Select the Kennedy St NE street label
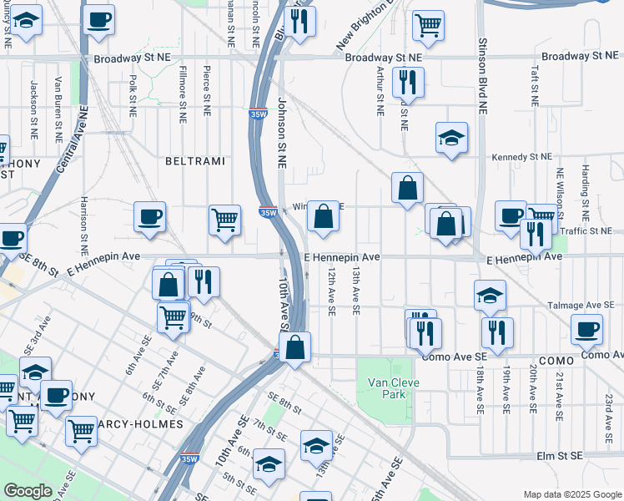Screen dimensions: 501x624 pos(521,156)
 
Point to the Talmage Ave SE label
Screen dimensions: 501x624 pos(583,306)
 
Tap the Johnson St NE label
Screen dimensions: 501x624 pos(282,134)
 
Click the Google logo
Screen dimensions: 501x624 pos(28,491)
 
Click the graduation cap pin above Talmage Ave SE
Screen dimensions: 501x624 pos(490,294)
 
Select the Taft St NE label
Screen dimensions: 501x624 pos(533,86)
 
